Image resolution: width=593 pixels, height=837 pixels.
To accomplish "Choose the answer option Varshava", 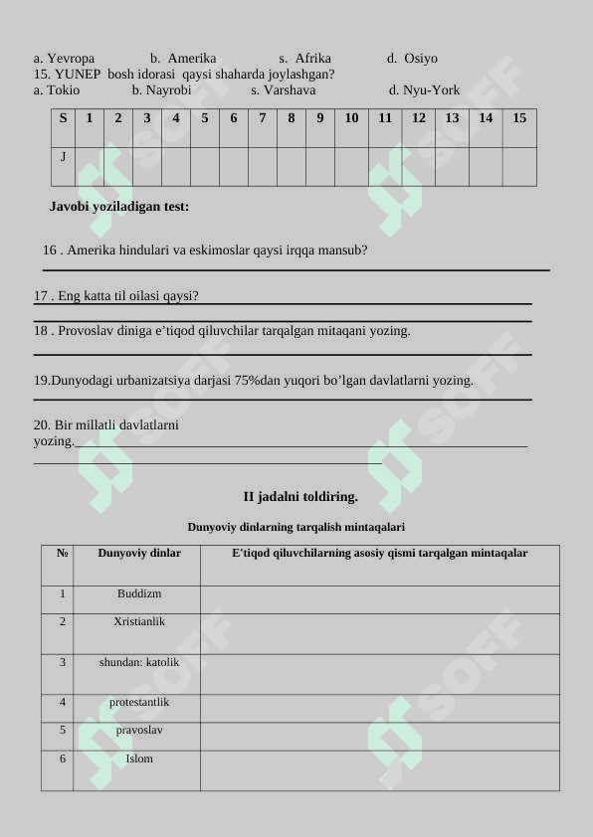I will (290, 89).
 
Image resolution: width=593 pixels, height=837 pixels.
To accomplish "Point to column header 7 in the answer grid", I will (263, 118).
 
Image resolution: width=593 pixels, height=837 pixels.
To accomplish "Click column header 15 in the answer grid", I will (519, 118).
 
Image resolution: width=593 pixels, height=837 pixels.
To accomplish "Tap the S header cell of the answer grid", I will (63, 118).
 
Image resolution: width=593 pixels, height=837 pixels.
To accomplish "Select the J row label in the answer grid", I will (63, 156).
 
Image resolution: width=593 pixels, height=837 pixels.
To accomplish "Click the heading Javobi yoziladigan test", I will (119, 207).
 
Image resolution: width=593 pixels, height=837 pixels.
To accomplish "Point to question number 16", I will (52, 251).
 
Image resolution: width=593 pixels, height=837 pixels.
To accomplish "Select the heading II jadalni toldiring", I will (300, 496).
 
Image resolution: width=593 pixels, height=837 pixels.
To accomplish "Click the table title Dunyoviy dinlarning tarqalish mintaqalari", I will (296, 527).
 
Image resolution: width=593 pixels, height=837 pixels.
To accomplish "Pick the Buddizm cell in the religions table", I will (139, 593).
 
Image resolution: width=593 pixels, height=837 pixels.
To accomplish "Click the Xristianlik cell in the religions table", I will (139, 621).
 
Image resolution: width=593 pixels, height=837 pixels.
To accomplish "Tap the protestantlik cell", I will (139, 702).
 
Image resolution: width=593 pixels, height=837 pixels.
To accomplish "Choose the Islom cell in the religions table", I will (139, 758).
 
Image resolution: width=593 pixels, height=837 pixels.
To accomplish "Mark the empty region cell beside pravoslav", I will (379, 736).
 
